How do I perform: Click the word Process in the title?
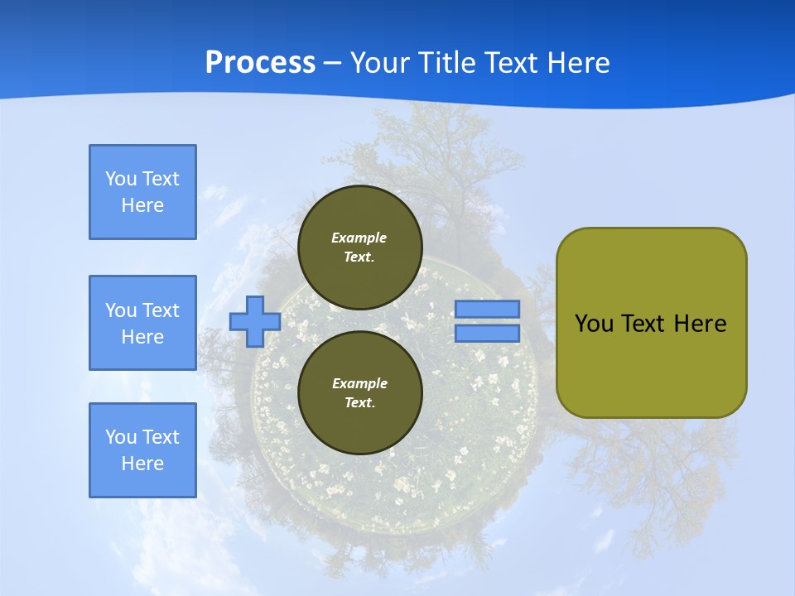pyautogui.click(x=260, y=63)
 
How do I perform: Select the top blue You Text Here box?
pyautogui.click(x=142, y=192)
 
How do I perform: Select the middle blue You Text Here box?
pyautogui.click(x=142, y=323)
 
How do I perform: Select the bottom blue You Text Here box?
pyautogui.click(x=142, y=450)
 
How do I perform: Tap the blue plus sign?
pyautogui.click(x=255, y=321)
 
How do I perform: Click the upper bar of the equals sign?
pyautogui.click(x=488, y=309)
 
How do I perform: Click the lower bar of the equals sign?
pyautogui.click(x=488, y=334)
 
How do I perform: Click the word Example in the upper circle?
pyautogui.click(x=359, y=238)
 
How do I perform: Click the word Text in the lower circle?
pyautogui.click(x=359, y=403)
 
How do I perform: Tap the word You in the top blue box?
pyautogui.click(x=121, y=179)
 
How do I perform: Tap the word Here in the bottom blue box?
pyautogui.click(x=142, y=464)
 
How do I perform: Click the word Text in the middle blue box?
pyautogui.click(x=161, y=310)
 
